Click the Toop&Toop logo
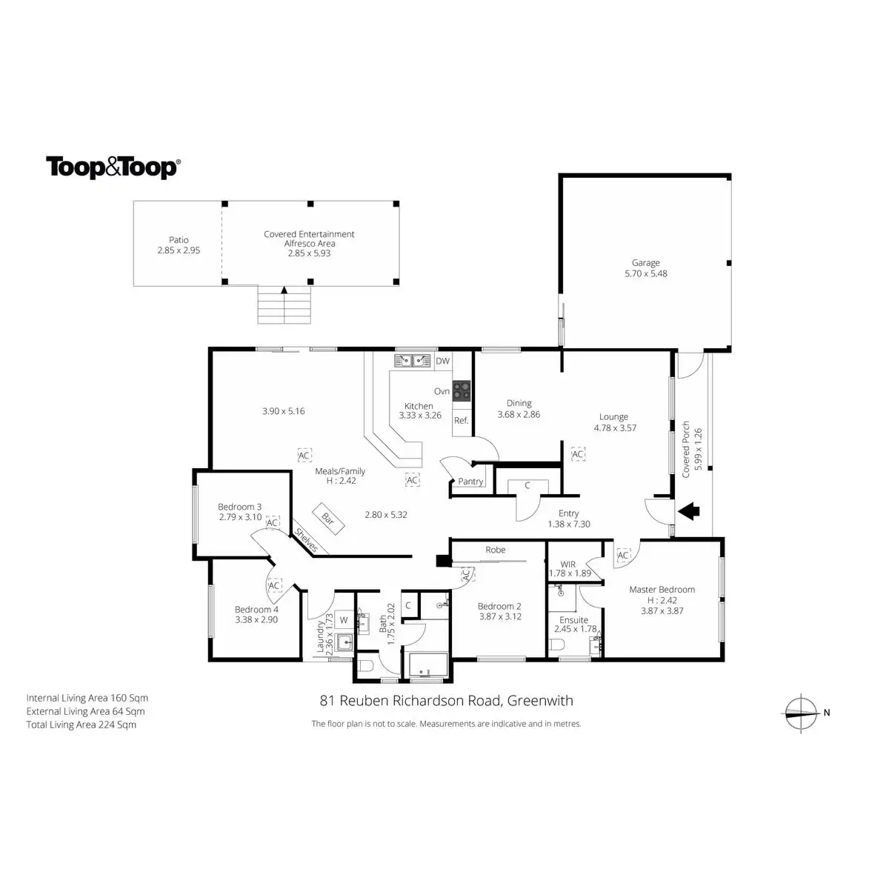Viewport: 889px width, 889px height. coord(112,167)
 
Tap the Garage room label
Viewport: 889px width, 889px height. coord(645,263)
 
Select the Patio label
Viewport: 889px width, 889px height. coord(179,240)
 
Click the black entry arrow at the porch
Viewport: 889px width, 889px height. coord(689,510)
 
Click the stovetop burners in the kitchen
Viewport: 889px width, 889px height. coord(462,388)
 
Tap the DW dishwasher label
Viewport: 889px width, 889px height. coord(442,362)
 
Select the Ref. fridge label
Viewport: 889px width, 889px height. coord(461,421)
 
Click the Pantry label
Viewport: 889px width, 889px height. coord(470,482)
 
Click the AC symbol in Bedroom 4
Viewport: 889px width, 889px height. coord(274,585)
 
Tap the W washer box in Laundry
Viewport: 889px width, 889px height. coord(344,620)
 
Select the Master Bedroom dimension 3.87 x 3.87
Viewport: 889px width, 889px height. coord(662,611)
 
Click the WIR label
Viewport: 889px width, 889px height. coord(568,565)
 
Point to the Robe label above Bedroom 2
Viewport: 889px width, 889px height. coord(496,550)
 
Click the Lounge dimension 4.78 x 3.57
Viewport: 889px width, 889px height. coord(615,428)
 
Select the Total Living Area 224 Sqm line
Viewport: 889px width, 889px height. coord(81,725)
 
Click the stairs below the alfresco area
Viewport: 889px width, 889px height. coord(284,305)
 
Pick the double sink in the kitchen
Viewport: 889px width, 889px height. coord(413,362)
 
